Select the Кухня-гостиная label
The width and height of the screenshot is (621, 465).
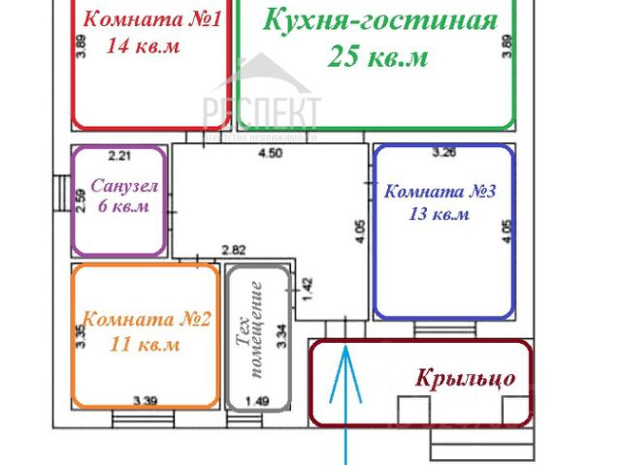[380, 19]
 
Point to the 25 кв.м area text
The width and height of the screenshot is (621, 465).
[378, 56]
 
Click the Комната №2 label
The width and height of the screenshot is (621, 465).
[147, 320]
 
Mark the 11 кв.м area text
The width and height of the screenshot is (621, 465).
[145, 344]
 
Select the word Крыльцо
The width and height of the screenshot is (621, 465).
[466, 378]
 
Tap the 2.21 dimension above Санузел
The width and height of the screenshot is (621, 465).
[118, 154]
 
